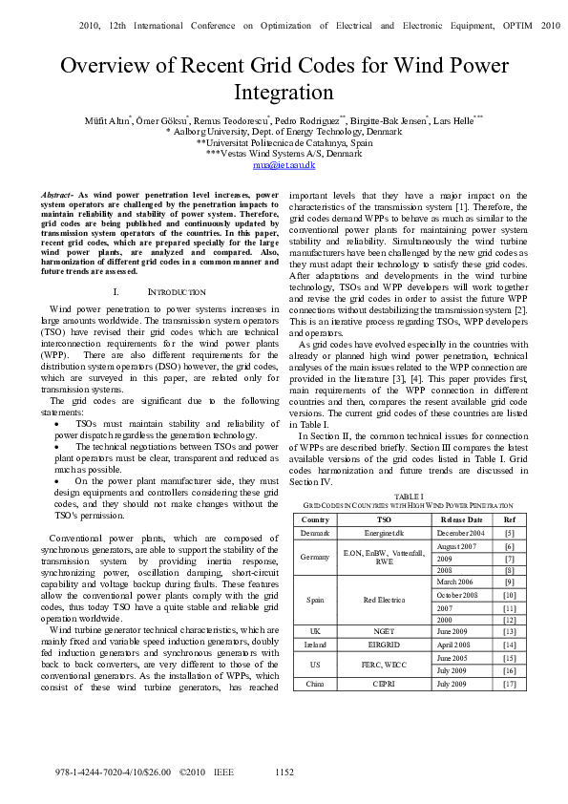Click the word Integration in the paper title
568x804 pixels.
[x=284, y=93]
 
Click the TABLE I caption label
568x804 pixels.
[x=409, y=497]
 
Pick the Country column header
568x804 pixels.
[x=314, y=518]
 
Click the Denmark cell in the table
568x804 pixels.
[x=314, y=532]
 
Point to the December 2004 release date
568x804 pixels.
[x=461, y=532]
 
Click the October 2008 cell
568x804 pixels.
[x=461, y=595]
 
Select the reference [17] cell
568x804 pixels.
[x=509, y=684]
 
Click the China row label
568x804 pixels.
[x=314, y=684]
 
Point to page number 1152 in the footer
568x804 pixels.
[x=284, y=772]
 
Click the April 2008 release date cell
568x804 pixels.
[x=461, y=645]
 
